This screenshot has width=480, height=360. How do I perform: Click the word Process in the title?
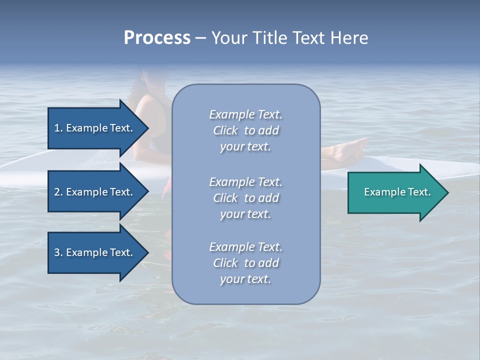pyautogui.click(x=157, y=38)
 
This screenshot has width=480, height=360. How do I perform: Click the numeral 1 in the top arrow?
pyautogui.click(x=57, y=128)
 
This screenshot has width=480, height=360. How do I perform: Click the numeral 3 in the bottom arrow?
pyautogui.click(x=57, y=253)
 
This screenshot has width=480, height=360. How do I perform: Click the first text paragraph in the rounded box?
pyautogui.click(x=245, y=130)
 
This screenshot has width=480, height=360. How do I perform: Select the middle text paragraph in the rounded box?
pyautogui.click(x=245, y=197)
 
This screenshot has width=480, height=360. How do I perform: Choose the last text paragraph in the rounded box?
pyautogui.click(x=245, y=263)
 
